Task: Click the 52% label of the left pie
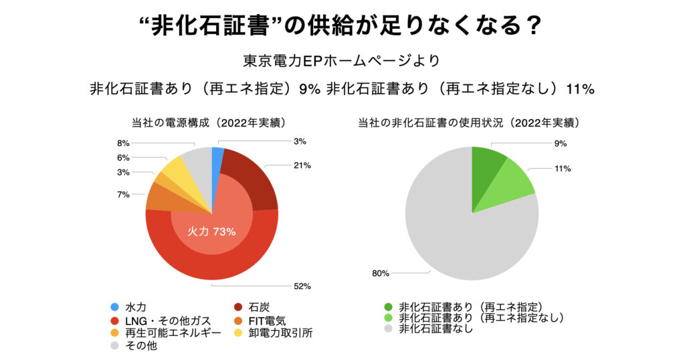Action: [301, 286]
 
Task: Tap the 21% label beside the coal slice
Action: [301, 165]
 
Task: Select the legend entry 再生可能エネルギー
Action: [163, 333]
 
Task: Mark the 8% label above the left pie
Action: [123, 143]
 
